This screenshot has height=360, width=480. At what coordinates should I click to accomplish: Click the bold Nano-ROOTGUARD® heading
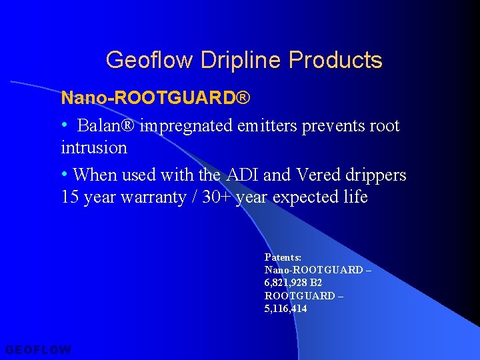[x=155, y=99]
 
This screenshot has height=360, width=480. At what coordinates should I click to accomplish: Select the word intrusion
[x=94, y=147]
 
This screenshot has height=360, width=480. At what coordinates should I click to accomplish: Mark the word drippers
[x=376, y=175]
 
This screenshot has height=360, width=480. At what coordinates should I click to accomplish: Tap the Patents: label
[x=283, y=257]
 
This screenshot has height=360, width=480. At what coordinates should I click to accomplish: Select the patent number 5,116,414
[x=286, y=309]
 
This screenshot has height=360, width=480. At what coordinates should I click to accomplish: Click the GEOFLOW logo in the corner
[x=38, y=349]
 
